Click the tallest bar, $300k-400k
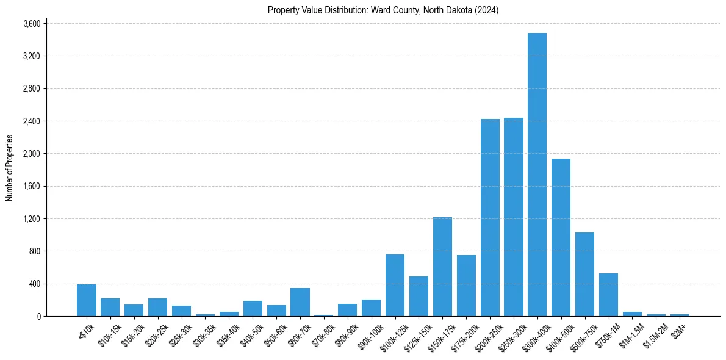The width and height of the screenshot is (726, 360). pyautogui.click(x=537, y=175)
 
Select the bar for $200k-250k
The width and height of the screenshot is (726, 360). pyautogui.click(x=490, y=217)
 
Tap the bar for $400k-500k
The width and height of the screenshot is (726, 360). pyautogui.click(x=561, y=237)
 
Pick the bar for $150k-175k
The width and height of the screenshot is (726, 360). pyautogui.click(x=442, y=267)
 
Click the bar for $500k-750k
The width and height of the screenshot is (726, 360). pyautogui.click(x=584, y=274)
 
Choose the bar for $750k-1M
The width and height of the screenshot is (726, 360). pyautogui.click(x=608, y=295)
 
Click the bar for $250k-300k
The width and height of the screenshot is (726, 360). pyautogui.click(x=513, y=217)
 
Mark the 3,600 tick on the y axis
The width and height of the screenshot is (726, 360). pyautogui.click(x=32, y=24)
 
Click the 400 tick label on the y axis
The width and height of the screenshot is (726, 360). pyautogui.click(x=34, y=284)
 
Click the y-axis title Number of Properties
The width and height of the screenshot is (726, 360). pyautogui.click(x=9, y=168)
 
